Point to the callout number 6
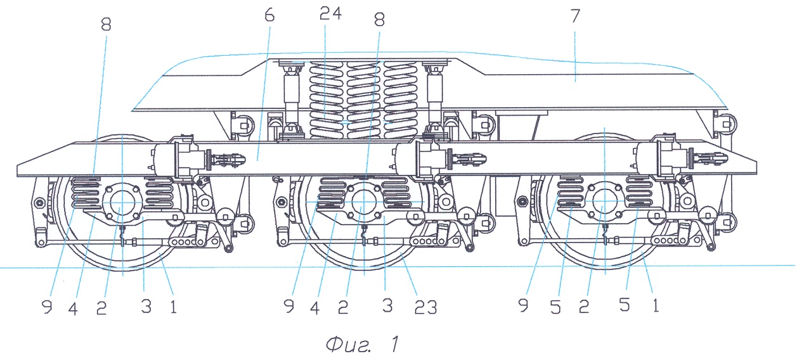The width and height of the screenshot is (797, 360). (x=270, y=15)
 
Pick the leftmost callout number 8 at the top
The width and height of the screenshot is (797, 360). (x=105, y=24)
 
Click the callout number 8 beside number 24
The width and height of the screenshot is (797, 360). (x=379, y=19)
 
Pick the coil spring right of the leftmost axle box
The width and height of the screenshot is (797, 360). (x=159, y=192)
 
